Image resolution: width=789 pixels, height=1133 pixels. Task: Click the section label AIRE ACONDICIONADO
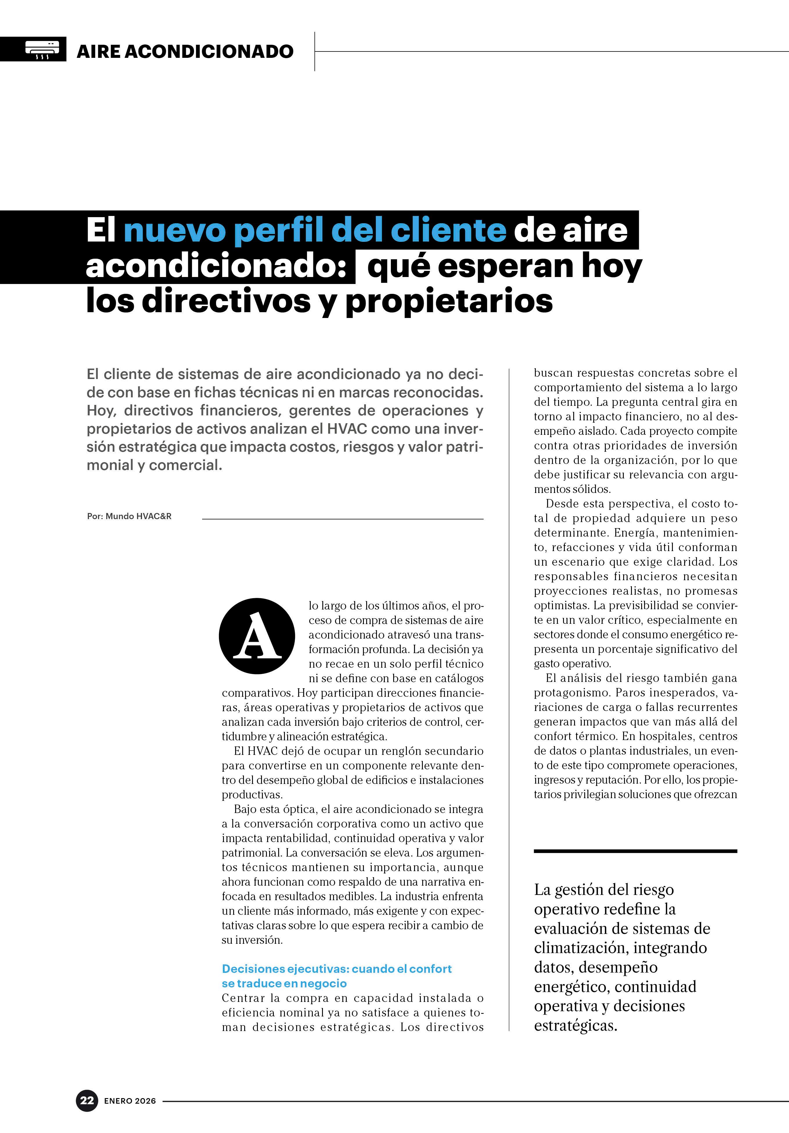click(x=185, y=51)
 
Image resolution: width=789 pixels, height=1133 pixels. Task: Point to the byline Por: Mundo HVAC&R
click(x=129, y=516)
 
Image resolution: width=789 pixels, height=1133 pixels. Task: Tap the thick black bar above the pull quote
click(x=635, y=851)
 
